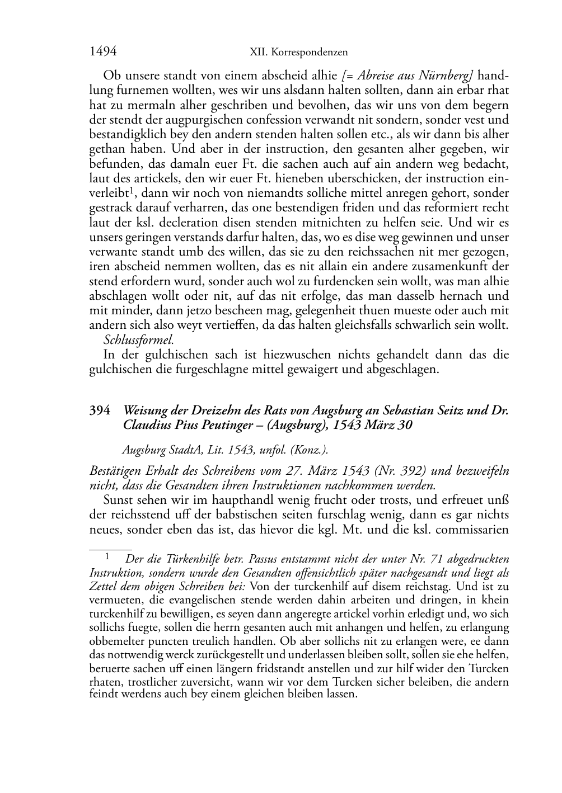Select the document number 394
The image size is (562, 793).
pos(99,410)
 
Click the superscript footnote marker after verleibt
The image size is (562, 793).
pos(131,191)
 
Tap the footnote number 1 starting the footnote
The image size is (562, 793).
pos(106,557)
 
